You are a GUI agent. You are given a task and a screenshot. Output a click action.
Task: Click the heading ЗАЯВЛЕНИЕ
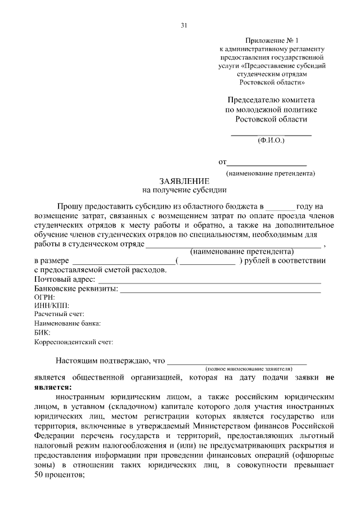tap(184, 181)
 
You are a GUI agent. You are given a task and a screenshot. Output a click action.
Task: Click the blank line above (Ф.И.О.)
tap(272, 135)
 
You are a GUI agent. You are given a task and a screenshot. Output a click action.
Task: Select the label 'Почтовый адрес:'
tap(65, 280)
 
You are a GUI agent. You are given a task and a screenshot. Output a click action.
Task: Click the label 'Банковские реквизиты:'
tap(76, 289)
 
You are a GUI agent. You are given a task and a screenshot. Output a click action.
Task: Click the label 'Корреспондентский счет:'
tap(74, 341)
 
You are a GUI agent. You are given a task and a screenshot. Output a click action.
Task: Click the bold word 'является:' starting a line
tap(53, 387)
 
